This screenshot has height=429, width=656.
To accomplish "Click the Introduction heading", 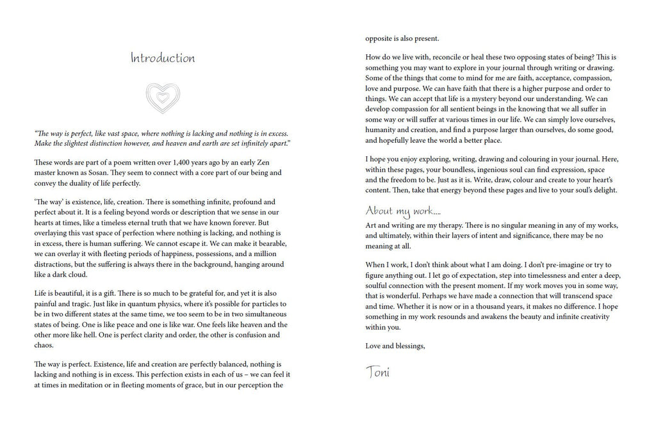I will coord(163,58).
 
